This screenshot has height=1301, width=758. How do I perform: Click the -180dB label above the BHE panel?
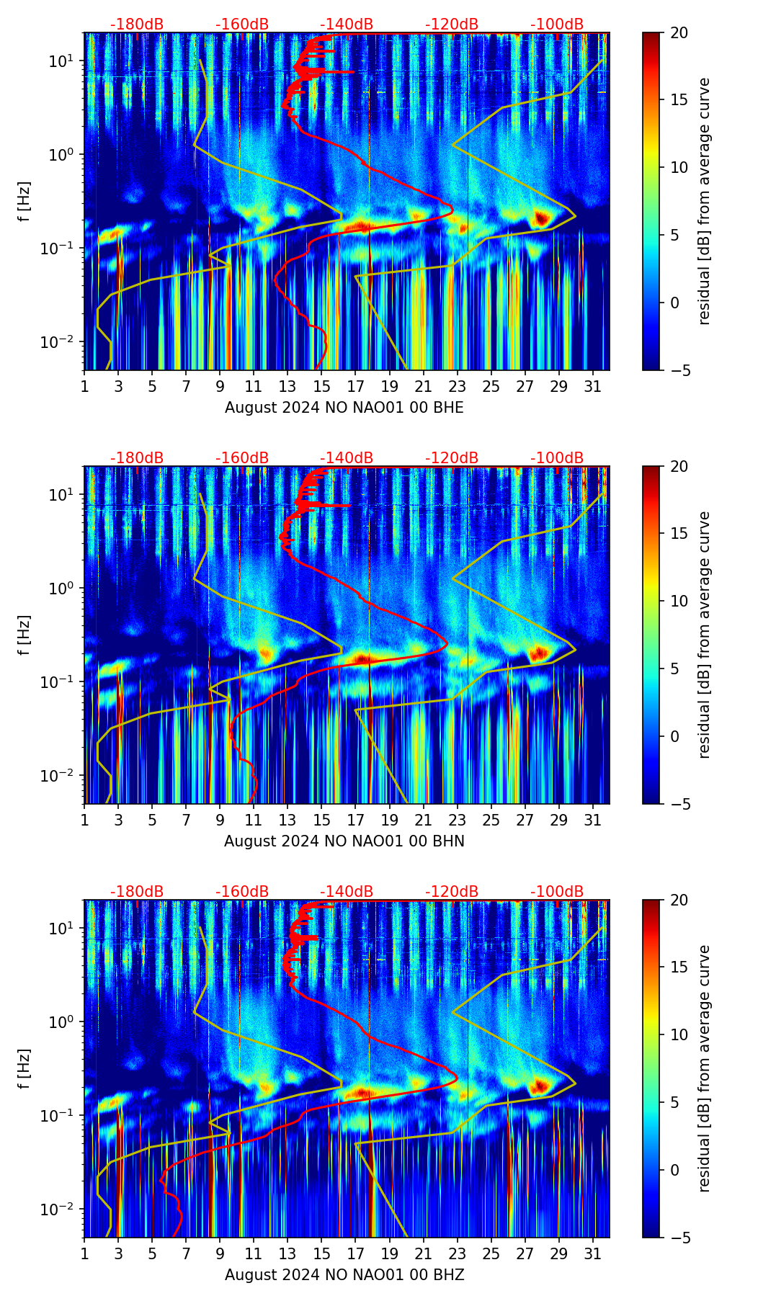[x=137, y=24]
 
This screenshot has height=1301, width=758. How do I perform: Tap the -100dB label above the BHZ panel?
[x=557, y=892]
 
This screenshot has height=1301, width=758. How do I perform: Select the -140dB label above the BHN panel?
[x=347, y=458]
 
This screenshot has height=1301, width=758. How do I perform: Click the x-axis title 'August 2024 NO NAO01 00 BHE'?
[x=344, y=408]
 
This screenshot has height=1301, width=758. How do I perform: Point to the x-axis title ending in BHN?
[x=344, y=841]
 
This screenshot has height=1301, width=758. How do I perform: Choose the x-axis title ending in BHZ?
[x=344, y=1275]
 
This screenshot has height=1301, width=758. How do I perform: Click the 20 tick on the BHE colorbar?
[x=679, y=33]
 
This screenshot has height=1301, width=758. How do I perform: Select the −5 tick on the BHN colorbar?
[x=679, y=804]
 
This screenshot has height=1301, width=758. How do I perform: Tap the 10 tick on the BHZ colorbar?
[x=679, y=1035]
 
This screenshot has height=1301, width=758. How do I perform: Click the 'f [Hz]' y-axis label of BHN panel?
[x=24, y=635]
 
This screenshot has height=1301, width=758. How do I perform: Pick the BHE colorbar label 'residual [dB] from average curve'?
[x=705, y=201]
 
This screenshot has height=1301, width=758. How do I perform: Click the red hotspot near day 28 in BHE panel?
[x=542, y=218]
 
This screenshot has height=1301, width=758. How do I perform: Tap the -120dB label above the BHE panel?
[x=452, y=24]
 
